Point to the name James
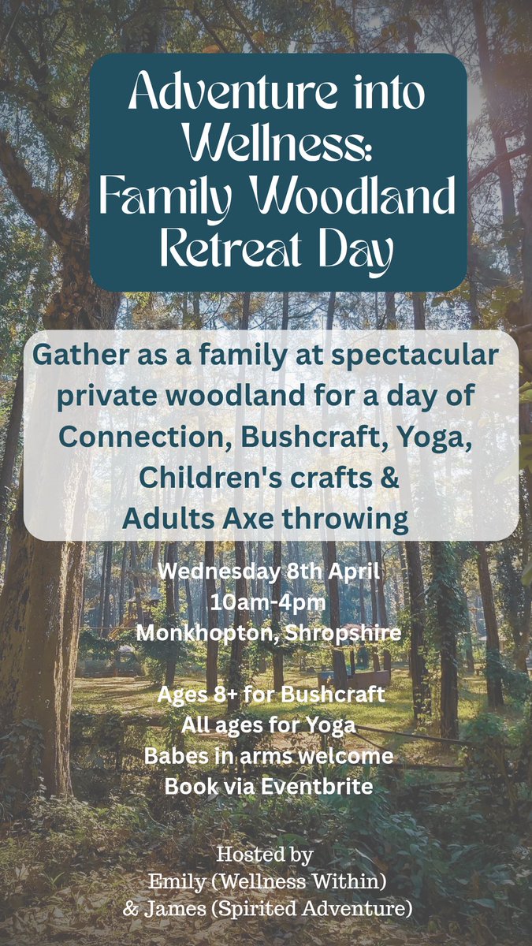(172, 908)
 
